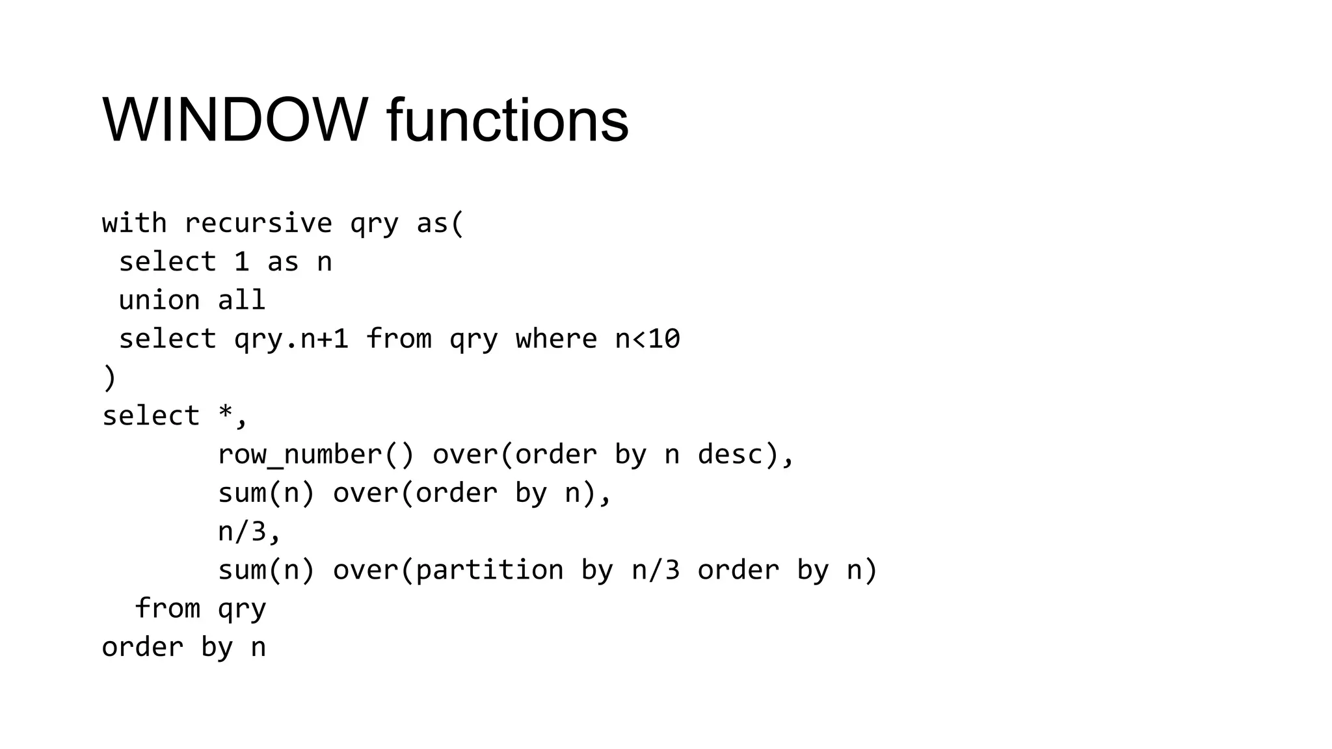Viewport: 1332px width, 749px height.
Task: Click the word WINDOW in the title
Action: point(235,121)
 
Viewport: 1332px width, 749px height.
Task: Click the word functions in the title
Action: point(507,121)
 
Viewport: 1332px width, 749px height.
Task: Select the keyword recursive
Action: point(258,224)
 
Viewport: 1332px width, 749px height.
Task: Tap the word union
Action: point(159,300)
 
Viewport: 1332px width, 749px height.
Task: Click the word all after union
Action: point(241,300)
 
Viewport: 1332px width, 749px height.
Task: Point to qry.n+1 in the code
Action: point(291,339)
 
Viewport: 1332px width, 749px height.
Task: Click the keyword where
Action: point(556,339)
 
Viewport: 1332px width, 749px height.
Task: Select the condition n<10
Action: point(647,339)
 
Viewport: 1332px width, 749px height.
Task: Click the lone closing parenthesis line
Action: point(109,378)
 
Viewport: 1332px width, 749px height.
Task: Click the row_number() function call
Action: point(315,454)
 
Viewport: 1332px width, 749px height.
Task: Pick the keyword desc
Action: point(730,454)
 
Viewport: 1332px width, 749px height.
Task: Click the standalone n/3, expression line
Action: point(249,532)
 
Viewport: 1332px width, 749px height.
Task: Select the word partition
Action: point(489,570)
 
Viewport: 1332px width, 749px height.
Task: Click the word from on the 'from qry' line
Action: point(167,609)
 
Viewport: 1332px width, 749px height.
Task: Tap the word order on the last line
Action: point(142,648)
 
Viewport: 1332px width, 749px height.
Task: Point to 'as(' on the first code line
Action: point(440,224)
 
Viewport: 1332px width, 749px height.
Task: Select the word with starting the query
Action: point(134,224)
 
